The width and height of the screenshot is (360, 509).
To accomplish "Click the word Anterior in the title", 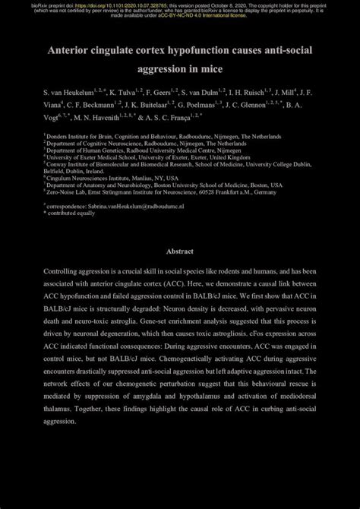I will pyautogui.click(x=73, y=50).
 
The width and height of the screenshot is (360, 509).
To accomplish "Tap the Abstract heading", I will pyautogui.click(x=180, y=251).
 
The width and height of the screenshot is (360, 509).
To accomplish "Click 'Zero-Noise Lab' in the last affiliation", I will pyautogui.click(x=65, y=192).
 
